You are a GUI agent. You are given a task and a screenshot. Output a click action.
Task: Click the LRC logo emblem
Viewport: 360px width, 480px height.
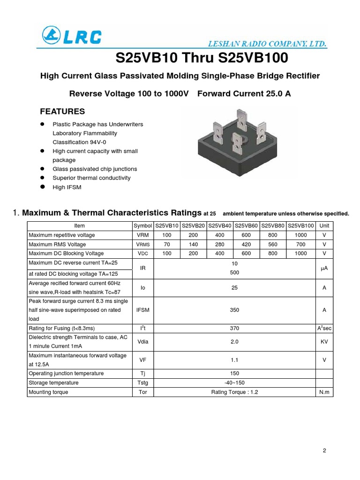(51, 35)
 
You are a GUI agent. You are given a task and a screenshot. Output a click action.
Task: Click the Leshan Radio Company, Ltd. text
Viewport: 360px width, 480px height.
(267, 44)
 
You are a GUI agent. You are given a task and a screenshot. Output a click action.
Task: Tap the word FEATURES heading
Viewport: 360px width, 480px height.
(62, 112)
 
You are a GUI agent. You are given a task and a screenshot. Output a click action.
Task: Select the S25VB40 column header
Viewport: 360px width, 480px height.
(220, 226)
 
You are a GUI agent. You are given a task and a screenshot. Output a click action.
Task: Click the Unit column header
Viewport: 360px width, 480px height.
(324, 226)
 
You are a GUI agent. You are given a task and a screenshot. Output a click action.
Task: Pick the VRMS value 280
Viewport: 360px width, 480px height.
(220, 244)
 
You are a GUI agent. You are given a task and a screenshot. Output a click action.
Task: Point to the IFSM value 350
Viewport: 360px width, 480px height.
(235, 310)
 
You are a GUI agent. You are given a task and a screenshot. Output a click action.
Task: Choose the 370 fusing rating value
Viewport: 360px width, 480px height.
(235, 328)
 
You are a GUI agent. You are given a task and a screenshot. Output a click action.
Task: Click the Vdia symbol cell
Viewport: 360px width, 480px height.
(143, 342)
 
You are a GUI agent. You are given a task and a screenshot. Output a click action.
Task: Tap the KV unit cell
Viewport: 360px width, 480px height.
(324, 342)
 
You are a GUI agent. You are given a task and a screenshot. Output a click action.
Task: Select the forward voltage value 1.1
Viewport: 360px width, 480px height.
(235, 360)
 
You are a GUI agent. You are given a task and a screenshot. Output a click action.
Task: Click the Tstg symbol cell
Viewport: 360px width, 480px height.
(143, 382)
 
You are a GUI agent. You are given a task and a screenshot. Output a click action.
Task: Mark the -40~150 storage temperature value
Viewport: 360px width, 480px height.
(235, 382)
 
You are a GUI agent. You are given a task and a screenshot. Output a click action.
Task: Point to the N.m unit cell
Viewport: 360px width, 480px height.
(324, 392)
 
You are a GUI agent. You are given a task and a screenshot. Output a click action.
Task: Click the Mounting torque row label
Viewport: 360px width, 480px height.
(48, 392)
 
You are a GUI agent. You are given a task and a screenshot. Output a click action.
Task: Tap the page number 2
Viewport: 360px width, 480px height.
(324, 450)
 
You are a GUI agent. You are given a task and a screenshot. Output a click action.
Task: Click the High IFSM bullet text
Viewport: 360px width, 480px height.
(67, 187)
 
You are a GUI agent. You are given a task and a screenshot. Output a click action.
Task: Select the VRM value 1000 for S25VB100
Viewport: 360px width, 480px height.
(300, 235)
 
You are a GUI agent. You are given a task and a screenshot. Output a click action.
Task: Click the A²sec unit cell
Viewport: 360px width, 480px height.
(324, 328)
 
